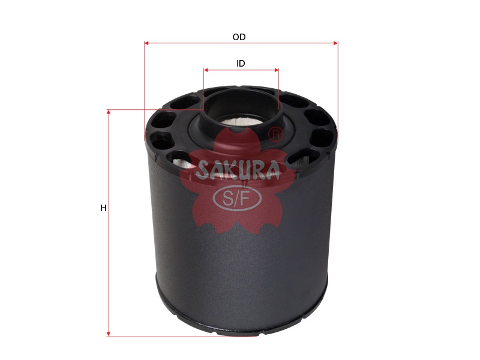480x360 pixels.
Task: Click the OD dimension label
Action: tap(239, 37)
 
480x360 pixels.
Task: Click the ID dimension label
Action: tap(241, 64)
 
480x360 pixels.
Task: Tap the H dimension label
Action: tap(103, 208)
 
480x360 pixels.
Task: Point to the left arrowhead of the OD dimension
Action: tap(146, 43)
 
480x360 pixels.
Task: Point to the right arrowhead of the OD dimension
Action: tap(336, 43)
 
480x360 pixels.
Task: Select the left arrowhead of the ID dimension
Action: tap(206, 70)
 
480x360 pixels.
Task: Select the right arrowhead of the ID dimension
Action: tap(277, 70)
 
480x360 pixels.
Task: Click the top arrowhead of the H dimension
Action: tap(109, 112)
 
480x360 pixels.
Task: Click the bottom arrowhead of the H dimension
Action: tap(109, 334)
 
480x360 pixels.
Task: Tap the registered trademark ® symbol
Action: tap(275, 134)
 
